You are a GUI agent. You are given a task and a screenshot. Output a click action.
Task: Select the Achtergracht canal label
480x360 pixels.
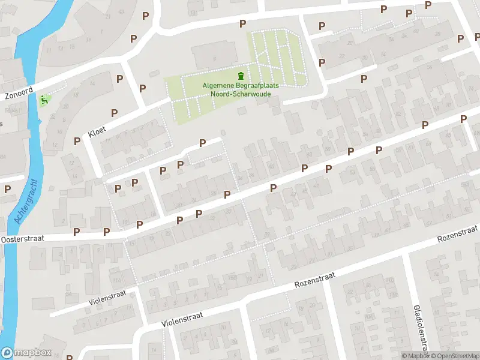[26, 202]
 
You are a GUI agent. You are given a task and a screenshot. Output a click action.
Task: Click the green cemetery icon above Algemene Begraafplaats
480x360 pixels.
[241, 76]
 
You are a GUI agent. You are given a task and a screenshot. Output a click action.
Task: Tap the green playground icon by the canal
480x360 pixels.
[44, 100]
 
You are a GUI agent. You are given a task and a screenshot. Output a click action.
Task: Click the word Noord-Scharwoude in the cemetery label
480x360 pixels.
[240, 94]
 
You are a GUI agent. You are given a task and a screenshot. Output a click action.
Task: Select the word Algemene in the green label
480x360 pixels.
[217, 86]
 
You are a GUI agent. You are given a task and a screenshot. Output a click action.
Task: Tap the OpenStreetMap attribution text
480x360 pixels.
[456, 356]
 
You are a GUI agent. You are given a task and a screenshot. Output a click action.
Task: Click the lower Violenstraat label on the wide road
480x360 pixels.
[182, 318]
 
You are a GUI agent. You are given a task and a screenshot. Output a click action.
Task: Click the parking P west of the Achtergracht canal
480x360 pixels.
[8, 188]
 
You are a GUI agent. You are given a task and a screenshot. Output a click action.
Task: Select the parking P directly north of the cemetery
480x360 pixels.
[242, 23]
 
